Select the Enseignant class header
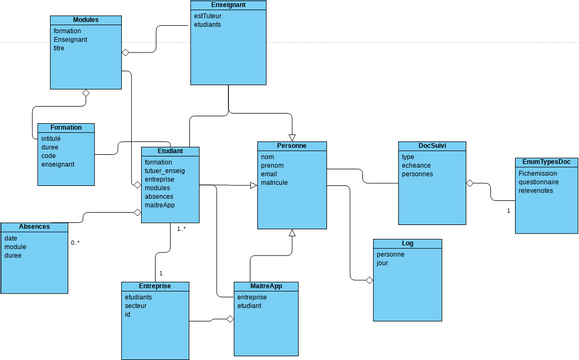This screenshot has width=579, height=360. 228,5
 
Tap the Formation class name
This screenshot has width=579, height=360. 65,128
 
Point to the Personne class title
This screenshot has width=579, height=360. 291,146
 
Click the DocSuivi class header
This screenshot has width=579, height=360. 431,146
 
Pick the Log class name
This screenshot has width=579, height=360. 407,243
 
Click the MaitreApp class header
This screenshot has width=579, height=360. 266,286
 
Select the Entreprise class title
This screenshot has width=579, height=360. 155,286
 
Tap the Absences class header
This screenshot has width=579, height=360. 34,227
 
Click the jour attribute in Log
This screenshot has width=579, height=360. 384,263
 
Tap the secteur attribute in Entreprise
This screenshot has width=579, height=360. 137,305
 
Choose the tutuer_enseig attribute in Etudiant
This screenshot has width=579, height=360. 165,171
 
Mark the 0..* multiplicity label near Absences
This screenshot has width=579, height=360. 75,243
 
